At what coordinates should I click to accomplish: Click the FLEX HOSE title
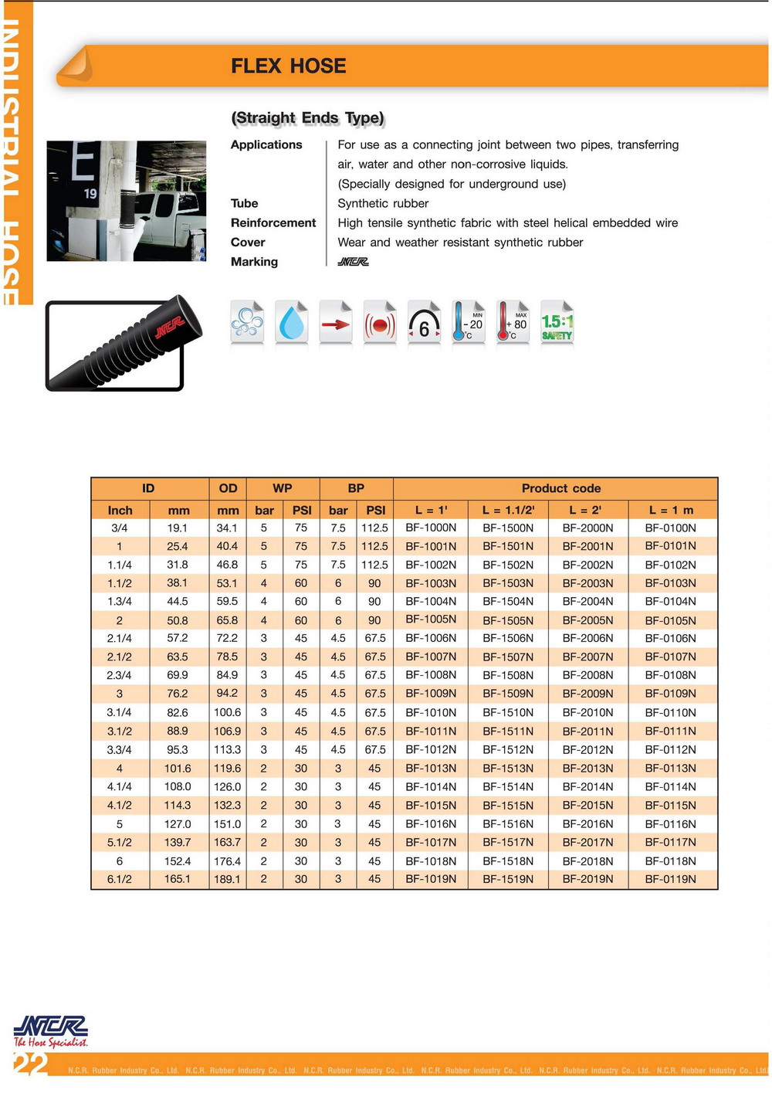pos(288,66)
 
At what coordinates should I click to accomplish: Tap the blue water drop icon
pos(292,323)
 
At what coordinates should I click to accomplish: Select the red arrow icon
pos(336,324)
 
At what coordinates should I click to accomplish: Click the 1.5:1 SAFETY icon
pos(557,324)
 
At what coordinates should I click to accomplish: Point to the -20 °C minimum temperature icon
pos(469,323)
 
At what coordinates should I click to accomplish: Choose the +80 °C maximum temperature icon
pos(513,323)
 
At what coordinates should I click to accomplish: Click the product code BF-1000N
pos(431,528)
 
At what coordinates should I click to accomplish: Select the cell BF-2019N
pos(587,879)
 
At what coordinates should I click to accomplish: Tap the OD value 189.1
pos(227,879)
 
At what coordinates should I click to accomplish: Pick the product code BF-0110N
pos(670,712)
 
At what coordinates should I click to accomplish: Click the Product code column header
pos(560,488)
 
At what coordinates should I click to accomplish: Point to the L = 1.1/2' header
pos(508,510)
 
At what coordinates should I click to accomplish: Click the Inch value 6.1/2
pos(120,879)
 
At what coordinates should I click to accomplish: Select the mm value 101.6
pos(178,769)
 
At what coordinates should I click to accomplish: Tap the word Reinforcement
pos(273,223)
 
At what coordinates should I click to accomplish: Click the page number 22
pos(31,1064)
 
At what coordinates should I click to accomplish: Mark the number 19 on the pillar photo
pos(90,194)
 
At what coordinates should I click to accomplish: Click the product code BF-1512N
pos(508,750)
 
